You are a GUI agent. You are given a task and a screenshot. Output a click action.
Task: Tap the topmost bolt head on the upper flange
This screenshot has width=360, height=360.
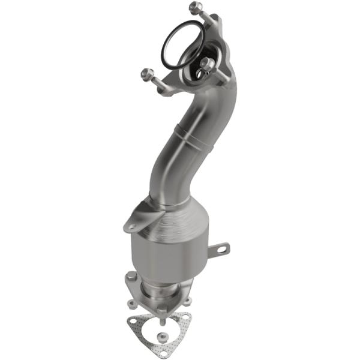point(193,8)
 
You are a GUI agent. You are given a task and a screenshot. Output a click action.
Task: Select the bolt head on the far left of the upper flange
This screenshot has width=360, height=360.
point(145,74)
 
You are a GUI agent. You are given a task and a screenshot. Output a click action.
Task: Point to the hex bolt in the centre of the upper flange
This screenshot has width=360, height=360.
point(206,62)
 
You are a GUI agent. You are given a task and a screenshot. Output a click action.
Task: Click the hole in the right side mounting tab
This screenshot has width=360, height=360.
point(225,247)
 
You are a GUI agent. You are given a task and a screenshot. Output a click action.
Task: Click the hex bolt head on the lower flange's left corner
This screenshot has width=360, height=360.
point(131,277)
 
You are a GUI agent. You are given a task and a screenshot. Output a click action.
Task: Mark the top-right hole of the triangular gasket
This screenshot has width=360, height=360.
point(184,317)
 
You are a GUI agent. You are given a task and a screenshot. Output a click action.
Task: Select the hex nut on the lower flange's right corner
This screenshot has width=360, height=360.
point(187,300)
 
